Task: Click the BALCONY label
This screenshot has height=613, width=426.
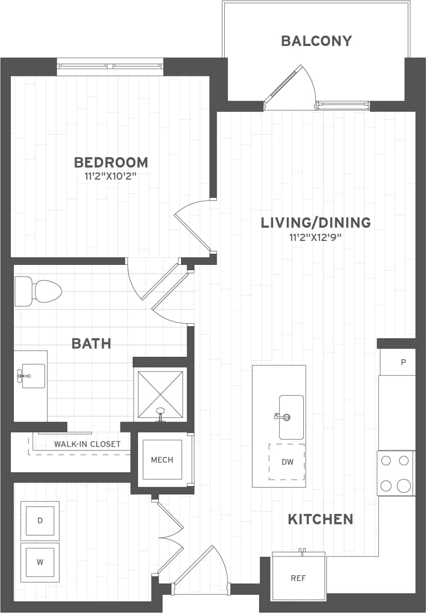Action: click(316, 41)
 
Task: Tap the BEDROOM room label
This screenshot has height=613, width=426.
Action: click(111, 162)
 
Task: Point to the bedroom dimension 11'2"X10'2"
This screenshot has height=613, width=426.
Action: click(111, 176)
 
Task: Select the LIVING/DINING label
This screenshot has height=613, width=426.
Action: click(316, 223)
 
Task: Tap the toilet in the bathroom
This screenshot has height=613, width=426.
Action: click(38, 291)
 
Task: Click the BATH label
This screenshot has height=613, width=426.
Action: click(91, 343)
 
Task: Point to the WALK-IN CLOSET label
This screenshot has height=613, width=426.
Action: click(87, 444)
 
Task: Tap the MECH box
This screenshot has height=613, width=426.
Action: click(162, 460)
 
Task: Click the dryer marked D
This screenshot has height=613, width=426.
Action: click(40, 520)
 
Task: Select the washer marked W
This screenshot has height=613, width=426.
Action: click(40, 562)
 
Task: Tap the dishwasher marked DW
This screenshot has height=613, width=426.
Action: click(287, 462)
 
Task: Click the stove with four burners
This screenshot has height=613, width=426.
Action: click(396, 473)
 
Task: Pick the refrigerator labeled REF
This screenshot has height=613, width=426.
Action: click(298, 578)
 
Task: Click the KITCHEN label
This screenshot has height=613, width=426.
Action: click(321, 519)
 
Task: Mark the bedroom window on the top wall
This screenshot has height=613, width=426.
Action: click(110, 67)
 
